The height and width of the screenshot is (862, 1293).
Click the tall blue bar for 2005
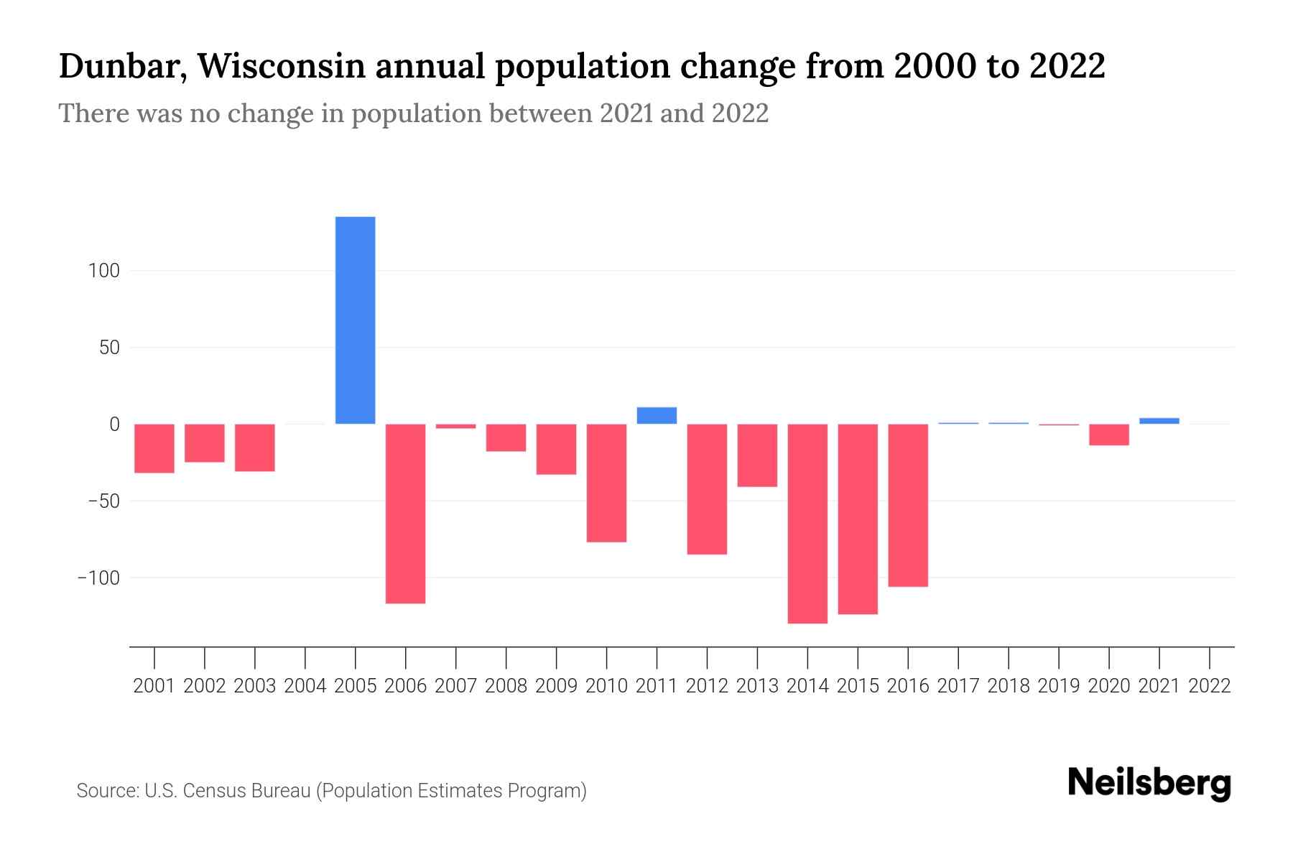pos(355,320)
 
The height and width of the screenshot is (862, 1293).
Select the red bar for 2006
pos(405,514)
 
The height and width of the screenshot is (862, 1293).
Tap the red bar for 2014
pos(807,524)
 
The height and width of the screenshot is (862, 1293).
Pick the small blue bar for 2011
pos(657,416)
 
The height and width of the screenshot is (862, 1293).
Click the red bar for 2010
pos(606,483)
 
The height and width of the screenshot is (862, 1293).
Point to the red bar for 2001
pos(154,448)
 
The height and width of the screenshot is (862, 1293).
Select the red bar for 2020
pos(1108,435)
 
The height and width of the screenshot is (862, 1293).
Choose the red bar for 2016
pos(908,505)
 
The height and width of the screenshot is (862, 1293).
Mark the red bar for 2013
pos(757,455)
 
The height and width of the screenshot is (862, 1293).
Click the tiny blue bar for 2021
pos(1159,421)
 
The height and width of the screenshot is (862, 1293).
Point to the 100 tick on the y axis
pos(104,271)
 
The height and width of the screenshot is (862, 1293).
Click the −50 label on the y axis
pos(103,501)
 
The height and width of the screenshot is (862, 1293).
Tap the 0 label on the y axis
pos(114,424)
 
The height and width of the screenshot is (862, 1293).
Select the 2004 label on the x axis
pos(305,686)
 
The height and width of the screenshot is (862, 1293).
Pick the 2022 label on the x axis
pos(1210,686)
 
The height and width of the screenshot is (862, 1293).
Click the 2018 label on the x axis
pos(1009,686)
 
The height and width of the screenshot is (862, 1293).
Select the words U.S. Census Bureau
pos(227,791)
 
